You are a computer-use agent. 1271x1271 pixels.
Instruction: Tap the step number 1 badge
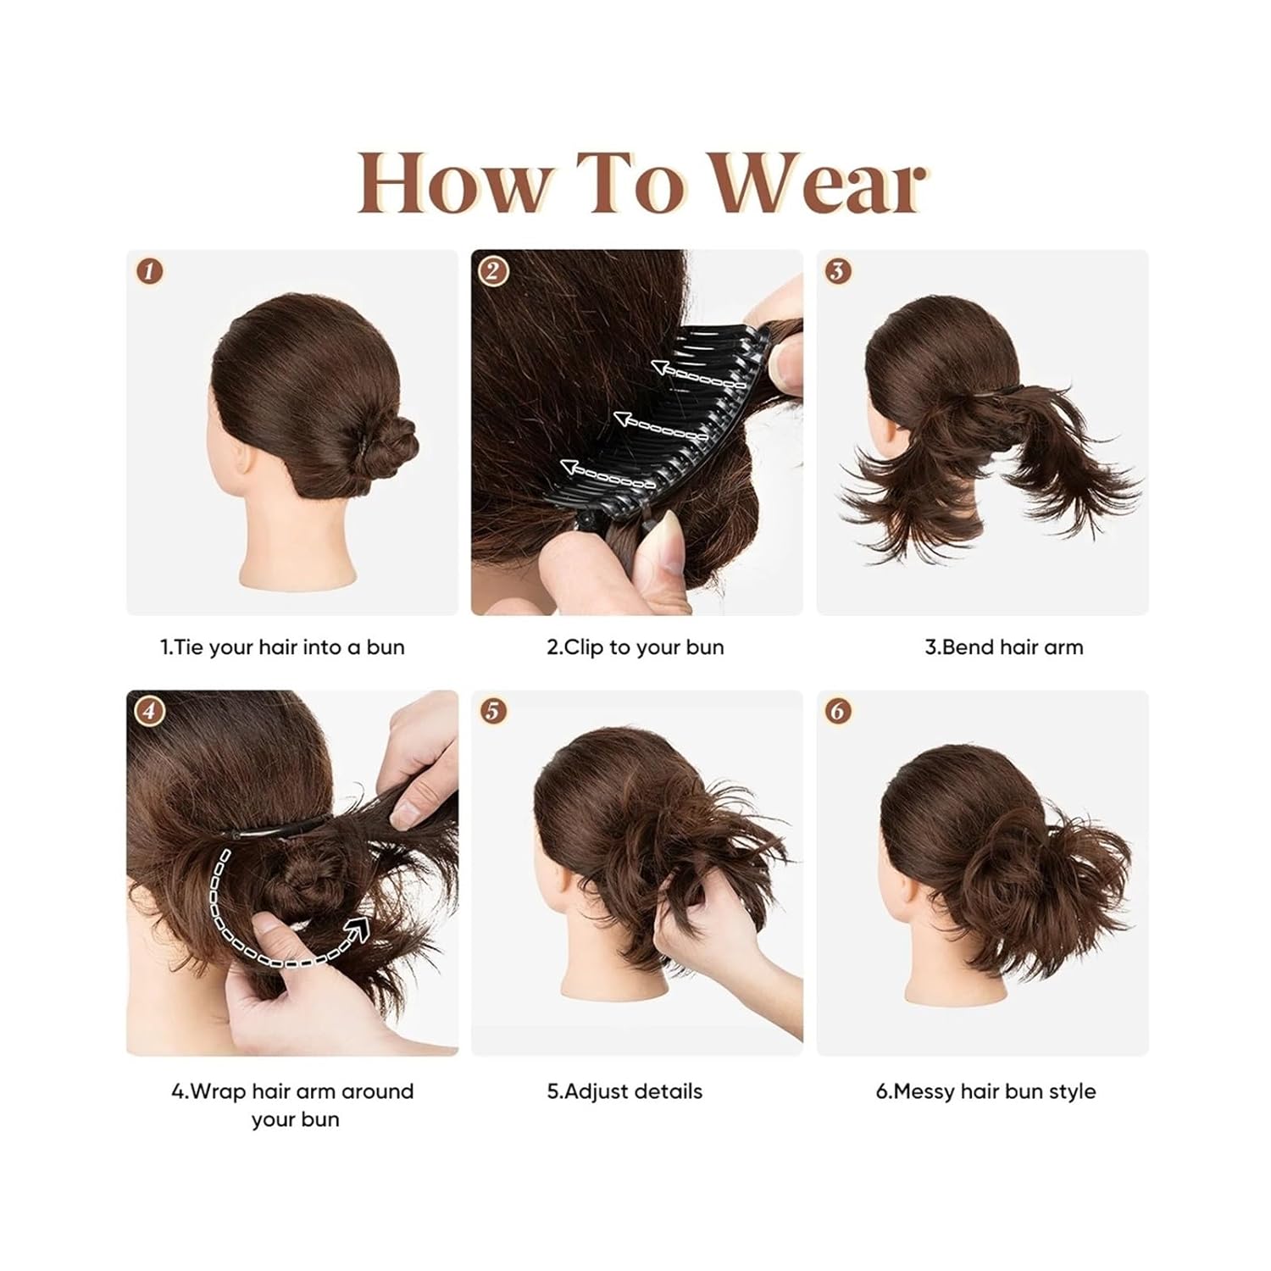pyautogui.click(x=150, y=271)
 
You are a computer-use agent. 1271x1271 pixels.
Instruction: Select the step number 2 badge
pyautogui.click(x=492, y=271)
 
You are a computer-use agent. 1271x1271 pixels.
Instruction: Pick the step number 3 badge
pyautogui.click(x=837, y=271)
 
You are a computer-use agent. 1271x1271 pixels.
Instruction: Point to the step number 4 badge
pyautogui.click(x=150, y=711)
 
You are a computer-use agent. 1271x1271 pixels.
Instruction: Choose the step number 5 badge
pyautogui.click(x=492, y=711)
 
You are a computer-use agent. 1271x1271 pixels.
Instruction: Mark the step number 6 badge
pyautogui.click(x=837, y=711)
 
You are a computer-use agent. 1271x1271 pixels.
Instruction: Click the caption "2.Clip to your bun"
pyautogui.click(x=635, y=647)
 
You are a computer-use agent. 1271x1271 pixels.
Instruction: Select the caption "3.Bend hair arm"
pyautogui.click(x=1003, y=647)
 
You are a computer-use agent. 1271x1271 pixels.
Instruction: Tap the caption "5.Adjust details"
pyautogui.click(x=624, y=1091)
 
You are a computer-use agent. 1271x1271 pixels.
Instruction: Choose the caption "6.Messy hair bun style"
pyautogui.click(x=985, y=1091)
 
